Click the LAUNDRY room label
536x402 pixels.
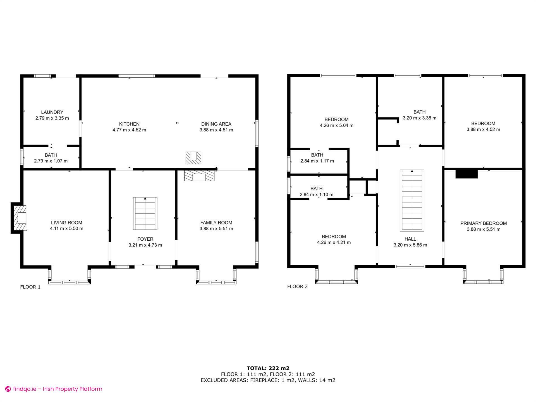[x=52, y=112]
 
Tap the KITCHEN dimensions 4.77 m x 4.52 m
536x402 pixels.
[x=129, y=130]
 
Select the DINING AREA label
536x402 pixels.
[x=216, y=124]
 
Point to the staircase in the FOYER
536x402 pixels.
[x=145, y=214]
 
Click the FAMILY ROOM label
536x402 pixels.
[x=216, y=222]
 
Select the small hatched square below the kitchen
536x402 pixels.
[x=193, y=158]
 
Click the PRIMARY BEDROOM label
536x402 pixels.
[x=483, y=223]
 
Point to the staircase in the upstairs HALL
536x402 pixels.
[x=412, y=200]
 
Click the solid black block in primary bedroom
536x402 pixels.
[x=466, y=174]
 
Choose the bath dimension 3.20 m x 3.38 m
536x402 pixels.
[x=419, y=118]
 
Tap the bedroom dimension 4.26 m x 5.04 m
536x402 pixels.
[x=336, y=126]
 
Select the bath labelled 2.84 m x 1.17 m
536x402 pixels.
[x=317, y=158]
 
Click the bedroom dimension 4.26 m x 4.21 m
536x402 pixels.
[x=334, y=243]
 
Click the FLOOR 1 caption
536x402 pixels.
[x=30, y=287]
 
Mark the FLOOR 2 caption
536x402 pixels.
[x=297, y=286]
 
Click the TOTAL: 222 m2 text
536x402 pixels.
[x=268, y=368]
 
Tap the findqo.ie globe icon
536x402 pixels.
[x=8, y=389]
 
